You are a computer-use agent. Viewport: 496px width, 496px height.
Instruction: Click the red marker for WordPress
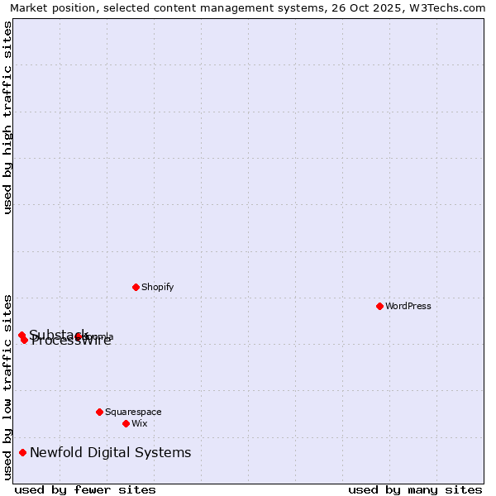pyautogui.click(x=379, y=306)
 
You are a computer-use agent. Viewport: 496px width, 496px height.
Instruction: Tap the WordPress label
pyautogui.click(x=408, y=306)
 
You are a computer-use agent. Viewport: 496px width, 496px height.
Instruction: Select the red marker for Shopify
pyautogui.click(x=136, y=287)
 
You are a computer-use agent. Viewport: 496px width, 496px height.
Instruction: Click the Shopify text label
pyautogui.click(x=157, y=287)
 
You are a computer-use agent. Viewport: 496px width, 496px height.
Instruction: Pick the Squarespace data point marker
pyautogui.click(x=99, y=412)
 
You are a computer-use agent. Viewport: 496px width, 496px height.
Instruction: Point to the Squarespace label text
pyautogui.click(x=133, y=412)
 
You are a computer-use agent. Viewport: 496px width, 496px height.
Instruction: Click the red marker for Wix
pyautogui.click(x=126, y=423)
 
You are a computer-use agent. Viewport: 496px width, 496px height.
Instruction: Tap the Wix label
pyautogui.click(x=139, y=423)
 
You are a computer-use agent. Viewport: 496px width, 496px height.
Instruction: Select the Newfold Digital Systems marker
pyautogui.click(x=22, y=452)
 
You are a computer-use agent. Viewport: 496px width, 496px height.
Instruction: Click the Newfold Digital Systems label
pyautogui.click(x=111, y=452)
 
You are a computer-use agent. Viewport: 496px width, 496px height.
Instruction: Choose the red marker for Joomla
pyautogui.click(x=78, y=336)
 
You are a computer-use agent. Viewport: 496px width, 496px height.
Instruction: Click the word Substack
pyautogui.click(x=58, y=334)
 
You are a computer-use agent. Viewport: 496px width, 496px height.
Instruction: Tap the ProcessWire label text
pyautogui.click(x=71, y=341)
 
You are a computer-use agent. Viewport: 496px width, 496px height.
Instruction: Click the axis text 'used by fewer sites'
pyautogui.click(x=85, y=489)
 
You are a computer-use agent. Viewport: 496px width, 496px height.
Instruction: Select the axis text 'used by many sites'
pyautogui.click(x=415, y=489)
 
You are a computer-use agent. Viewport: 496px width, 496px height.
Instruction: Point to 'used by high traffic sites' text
pyautogui.click(x=7, y=118)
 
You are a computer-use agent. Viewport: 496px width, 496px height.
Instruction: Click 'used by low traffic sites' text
pyautogui.click(x=7, y=386)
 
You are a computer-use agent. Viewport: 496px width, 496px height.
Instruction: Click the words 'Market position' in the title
pyautogui.click(x=49, y=7)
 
